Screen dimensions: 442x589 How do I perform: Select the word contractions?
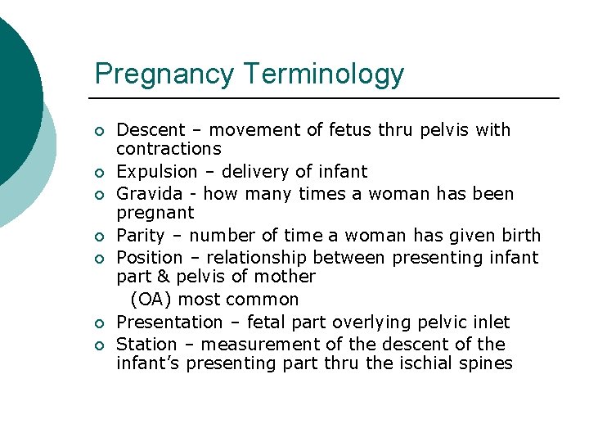tap(169, 149)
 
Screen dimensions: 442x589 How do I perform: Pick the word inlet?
tap(492, 322)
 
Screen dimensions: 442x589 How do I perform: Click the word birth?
tap(521, 236)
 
